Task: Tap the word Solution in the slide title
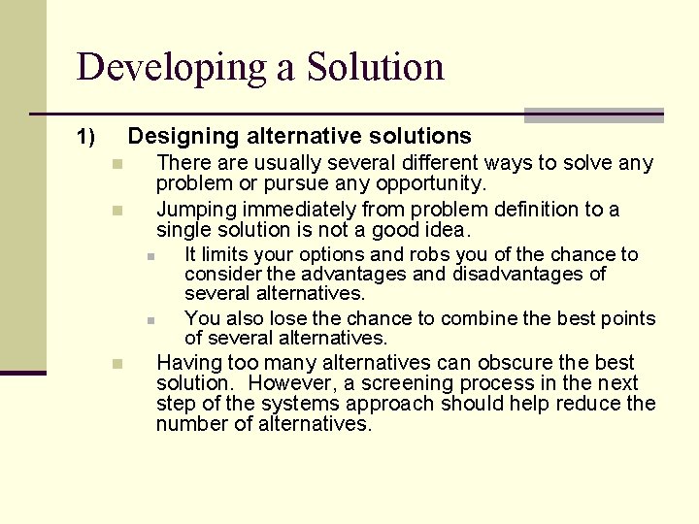[376, 67]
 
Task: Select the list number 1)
[86, 138]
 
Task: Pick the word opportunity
[433, 183]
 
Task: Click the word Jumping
[194, 210]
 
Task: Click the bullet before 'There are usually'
[115, 164]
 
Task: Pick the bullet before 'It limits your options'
[152, 256]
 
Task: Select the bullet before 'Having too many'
[115, 364]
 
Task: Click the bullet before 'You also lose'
[152, 320]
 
